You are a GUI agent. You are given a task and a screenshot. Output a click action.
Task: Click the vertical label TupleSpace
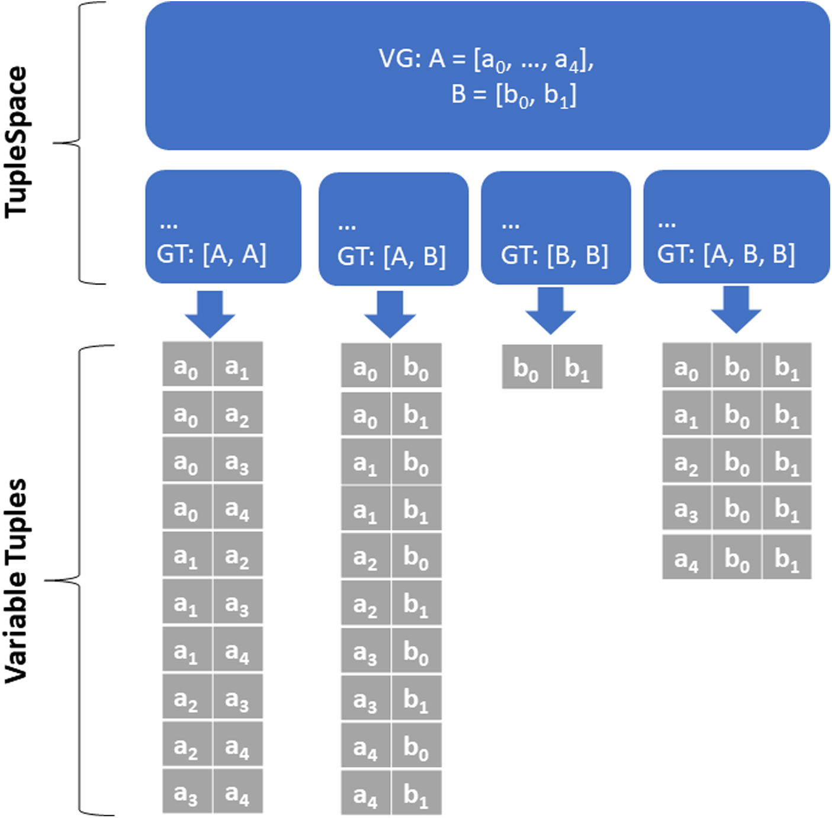(x=16, y=143)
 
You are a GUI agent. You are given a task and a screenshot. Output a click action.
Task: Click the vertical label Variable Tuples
(x=16, y=581)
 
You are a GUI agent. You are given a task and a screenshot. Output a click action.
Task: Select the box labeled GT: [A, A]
(x=223, y=227)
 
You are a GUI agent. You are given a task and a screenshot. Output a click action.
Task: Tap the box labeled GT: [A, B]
(x=393, y=229)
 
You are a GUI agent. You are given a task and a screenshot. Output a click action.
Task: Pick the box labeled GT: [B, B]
(x=556, y=227)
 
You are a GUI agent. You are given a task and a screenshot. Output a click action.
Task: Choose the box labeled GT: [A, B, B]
(x=737, y=227)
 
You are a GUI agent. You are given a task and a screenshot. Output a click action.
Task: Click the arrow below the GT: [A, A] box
(x=210, y=314)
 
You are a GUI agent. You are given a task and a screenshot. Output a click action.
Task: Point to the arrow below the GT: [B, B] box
(x=551, y=311)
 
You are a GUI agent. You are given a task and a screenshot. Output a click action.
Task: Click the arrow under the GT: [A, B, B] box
(x=736, y=310)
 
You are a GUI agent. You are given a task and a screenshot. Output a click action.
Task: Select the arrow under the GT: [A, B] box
(x=390, y=314)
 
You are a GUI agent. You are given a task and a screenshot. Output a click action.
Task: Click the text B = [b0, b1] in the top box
(x=514, y=96)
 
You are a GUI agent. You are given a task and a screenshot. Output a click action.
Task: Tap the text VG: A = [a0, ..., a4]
(x=487, y=60)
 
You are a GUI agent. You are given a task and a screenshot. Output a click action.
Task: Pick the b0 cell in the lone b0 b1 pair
(x=527, y=367)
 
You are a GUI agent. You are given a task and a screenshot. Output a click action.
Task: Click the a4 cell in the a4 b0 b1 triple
(x=687, y=557)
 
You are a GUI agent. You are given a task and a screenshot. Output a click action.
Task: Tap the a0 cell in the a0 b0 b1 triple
(x=687, y=365)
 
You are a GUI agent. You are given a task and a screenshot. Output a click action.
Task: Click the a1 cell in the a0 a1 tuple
(x=238, y=364)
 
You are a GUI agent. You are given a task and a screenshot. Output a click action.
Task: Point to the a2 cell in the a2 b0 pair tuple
(x=366, y=556)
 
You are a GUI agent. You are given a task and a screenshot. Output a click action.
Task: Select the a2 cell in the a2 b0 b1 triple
(x=687, y=460)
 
